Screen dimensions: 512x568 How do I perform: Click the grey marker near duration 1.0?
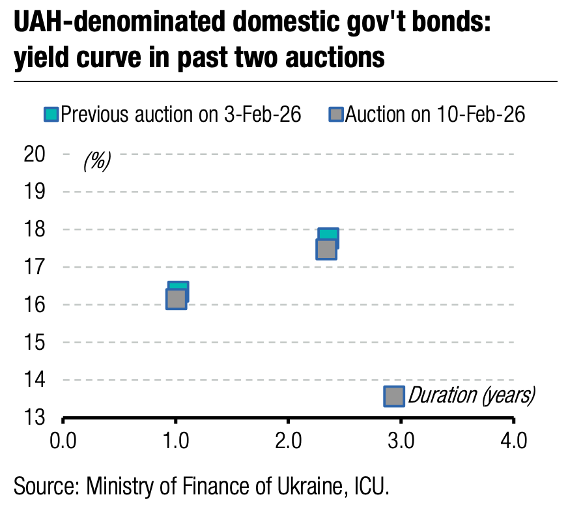tap(176, 299)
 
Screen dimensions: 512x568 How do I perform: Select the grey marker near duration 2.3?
tap(326, 249)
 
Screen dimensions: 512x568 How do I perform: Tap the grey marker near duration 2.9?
tap(393, 396)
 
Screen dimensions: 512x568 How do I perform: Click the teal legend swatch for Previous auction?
tap(51, 115)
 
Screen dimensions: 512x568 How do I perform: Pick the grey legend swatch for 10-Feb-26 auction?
tap(336, 115)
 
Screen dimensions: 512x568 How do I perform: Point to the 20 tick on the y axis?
tap(35, 154)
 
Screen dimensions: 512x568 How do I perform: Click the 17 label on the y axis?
tap(35, 266)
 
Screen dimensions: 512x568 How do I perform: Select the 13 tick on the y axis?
tap(35, 417)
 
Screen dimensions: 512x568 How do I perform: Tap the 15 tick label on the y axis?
tap(35, 342)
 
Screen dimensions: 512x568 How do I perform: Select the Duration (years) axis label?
tap(471, 395)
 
